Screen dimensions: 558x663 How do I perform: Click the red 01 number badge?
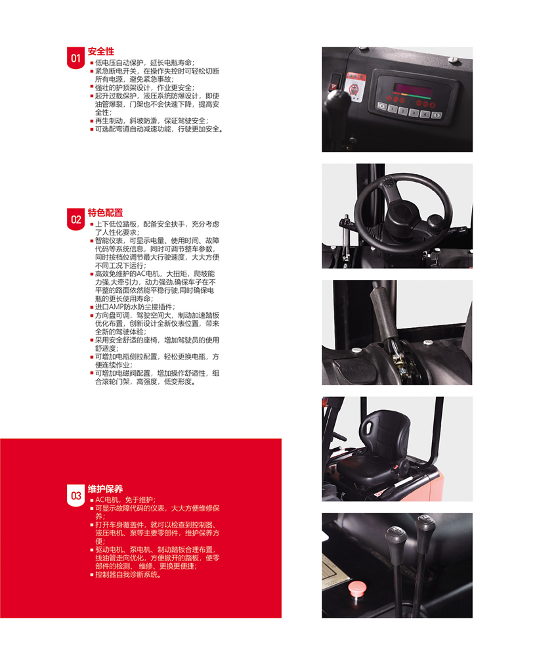click(75, 58)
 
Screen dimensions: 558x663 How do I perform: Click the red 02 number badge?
click(75, 219)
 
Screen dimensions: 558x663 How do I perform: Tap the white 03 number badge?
click(75, 495)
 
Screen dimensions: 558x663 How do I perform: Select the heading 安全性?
click(101, 52)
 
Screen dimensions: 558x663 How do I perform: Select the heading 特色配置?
click(105, 213)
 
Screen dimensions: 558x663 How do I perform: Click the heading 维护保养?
click(105, 489)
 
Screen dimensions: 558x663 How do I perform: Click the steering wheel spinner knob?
click(435, 221)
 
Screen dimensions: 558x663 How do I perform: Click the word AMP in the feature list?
click(117, 307)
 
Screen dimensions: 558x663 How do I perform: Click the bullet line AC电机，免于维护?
click(123, 500)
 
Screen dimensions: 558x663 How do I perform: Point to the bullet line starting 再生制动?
click(150, 121)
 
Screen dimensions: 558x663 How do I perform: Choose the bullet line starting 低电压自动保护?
click(142, 62)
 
